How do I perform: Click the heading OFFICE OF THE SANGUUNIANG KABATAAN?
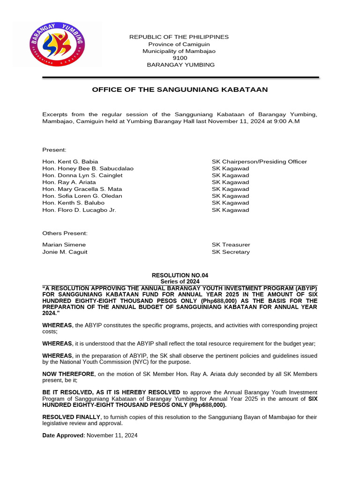click(x=180, y=90)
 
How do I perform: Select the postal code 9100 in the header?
click(x=180, y=58)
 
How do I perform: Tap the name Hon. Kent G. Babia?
click(x=70, y=161)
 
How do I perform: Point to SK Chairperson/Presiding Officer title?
click(x=259, y=161)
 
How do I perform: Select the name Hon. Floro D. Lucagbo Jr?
click(x=79, y=210)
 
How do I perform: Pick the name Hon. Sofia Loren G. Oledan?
click(x=82, y=196)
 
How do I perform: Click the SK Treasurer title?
click(x=231, y=245)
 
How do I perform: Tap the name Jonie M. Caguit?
click(x=65, y=252)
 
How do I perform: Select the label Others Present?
click(x=65, y=233)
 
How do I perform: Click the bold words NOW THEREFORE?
click(x=68, y=374)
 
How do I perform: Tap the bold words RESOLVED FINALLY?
click(x=71, y=417)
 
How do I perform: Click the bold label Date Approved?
click(x=64, y=435)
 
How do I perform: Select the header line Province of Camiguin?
click(x=180, y=44)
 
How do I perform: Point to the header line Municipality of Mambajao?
click(x=180, y=51)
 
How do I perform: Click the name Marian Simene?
click(x=64, y=245)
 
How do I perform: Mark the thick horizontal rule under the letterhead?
click(x=180, y=77)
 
